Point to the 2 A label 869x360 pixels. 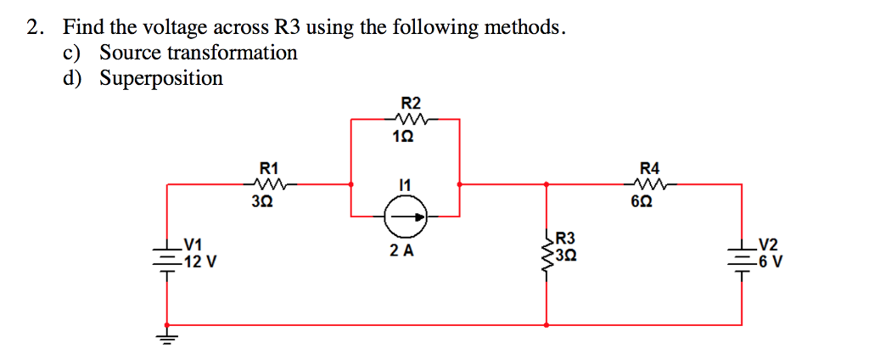coord(402,251)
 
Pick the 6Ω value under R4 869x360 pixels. coord(648,203)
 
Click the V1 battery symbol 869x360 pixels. coord(167,255)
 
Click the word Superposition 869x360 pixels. coord(161,78)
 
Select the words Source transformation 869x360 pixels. coord(199,53)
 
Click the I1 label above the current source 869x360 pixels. coord(403,183)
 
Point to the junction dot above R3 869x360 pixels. coord(546,183)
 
